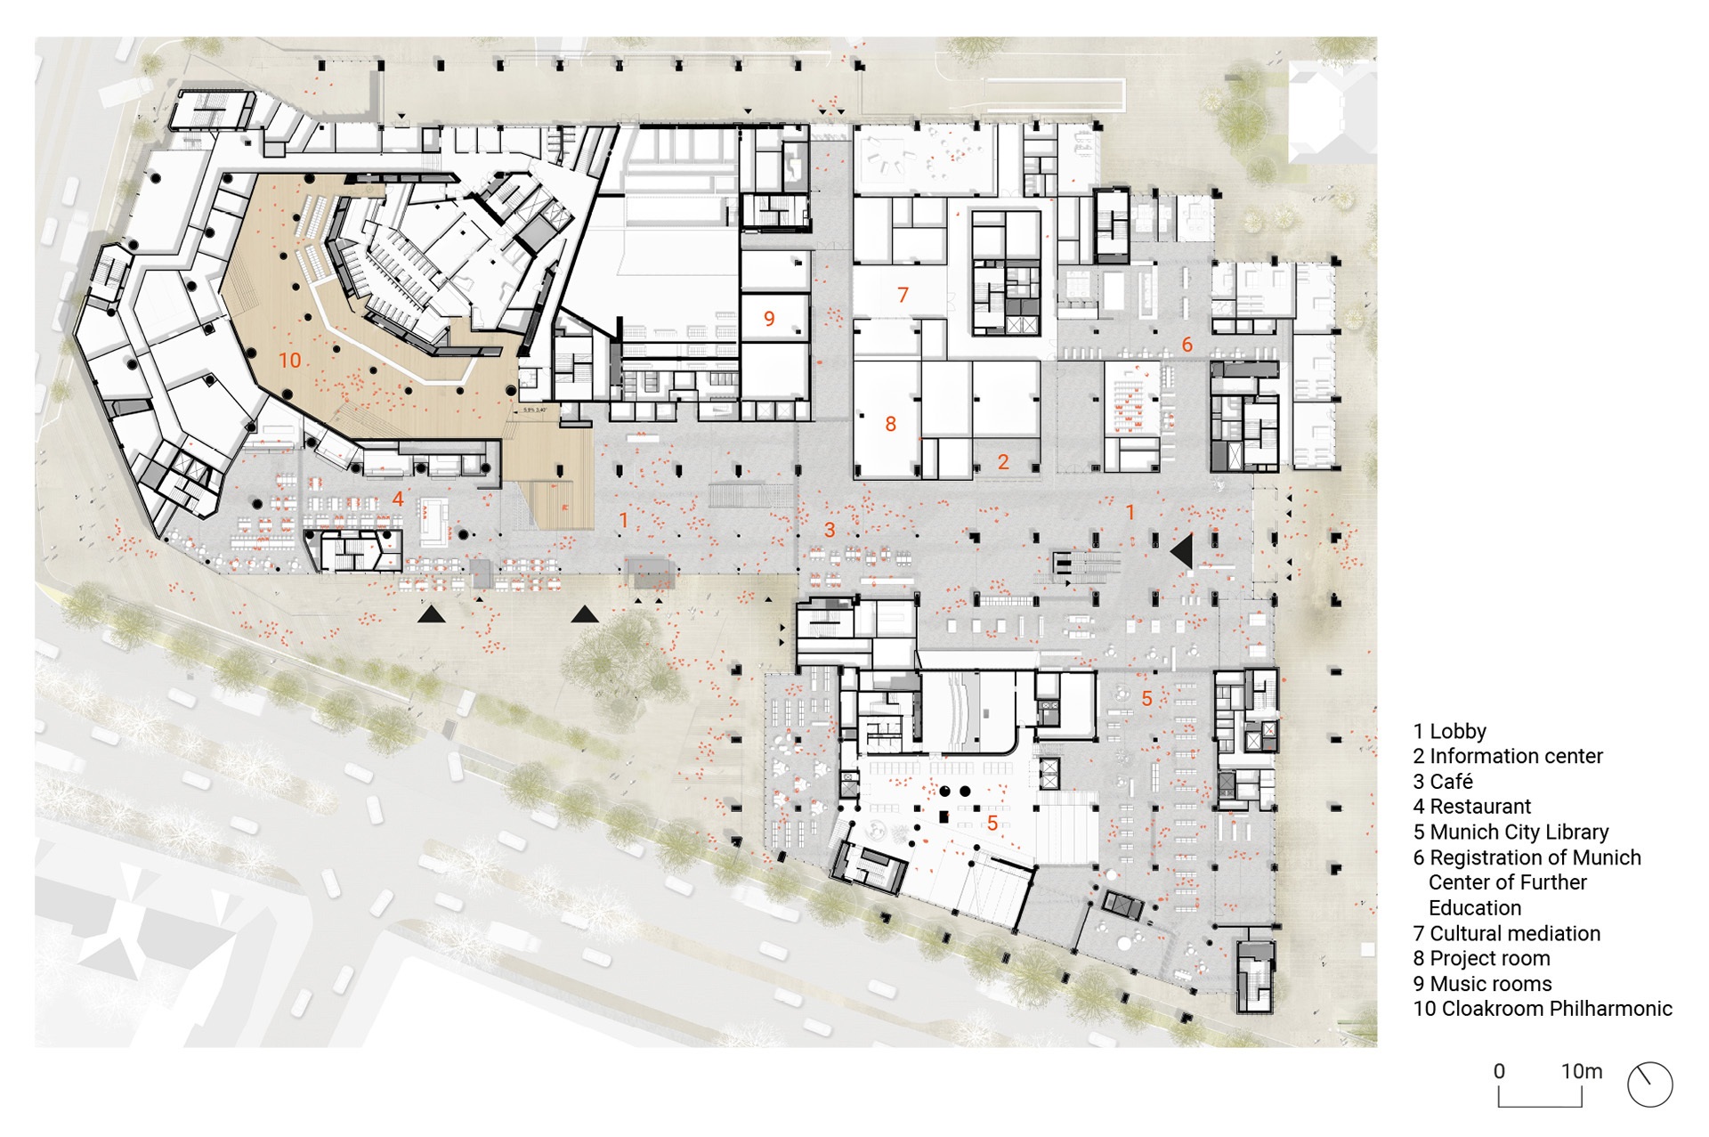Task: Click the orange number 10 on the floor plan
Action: tap(290, 360)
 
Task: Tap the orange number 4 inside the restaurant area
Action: tap(398, 499)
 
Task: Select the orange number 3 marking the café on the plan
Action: tap(830, 530)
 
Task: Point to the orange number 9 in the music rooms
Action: tap(769, 318)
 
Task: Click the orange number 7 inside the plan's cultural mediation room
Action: tap(903, 294)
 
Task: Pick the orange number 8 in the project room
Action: tap(890, 424)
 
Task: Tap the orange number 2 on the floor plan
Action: tap(1003, 461)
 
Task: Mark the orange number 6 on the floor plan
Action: tap(1187, 344)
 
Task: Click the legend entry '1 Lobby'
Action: tap(1449, 731)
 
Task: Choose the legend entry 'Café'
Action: tap(1451, 781)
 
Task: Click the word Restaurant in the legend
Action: tap(1480, 807)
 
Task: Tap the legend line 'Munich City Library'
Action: tap(1511, 832)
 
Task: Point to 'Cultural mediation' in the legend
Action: tap(1515, 933)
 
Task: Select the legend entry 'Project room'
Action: tap(1481, 958)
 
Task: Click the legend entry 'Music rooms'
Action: tap(1482, 984)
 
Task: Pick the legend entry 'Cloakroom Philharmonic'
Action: tap(1543, 1009)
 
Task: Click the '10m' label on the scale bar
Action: tap(1582, 1071)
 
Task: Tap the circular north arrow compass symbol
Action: tap(1649, 1084)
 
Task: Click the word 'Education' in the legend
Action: tap(1475, 908)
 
